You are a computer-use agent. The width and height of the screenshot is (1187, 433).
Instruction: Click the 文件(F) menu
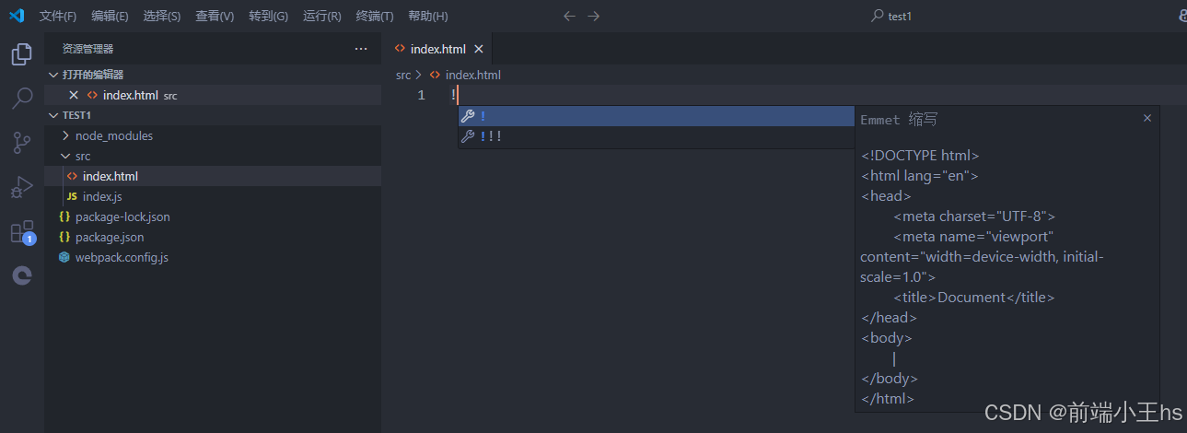click(57, 16)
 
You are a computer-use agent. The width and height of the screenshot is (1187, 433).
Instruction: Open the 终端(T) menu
click(374, 16)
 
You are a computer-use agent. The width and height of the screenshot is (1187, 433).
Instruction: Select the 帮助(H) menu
click(427, 16)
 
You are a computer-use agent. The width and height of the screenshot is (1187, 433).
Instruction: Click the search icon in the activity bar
click(22, 98)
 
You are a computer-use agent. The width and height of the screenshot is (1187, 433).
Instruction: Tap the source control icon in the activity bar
click(22, 142)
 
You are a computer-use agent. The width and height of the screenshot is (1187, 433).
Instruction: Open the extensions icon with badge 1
click(22, 232)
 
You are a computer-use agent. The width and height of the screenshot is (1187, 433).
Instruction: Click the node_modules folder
click(114, 135)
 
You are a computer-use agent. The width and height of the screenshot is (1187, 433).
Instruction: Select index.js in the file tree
click(102, 196)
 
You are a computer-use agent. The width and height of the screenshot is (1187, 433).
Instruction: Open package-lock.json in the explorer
click(122, 216)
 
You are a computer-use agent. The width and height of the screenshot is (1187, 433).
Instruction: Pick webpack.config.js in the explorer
click(122, 257)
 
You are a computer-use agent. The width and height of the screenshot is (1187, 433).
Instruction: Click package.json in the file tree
click(110, 237)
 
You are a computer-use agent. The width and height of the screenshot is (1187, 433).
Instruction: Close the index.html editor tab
click(479, 49)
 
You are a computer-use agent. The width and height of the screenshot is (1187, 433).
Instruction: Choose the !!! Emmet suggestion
click(491, 136)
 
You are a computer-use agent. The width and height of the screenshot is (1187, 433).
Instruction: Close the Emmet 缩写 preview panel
click(1147, 118)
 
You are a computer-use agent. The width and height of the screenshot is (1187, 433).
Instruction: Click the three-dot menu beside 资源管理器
click(360, 49)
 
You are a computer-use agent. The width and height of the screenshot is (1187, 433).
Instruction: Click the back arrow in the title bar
click(569, 16)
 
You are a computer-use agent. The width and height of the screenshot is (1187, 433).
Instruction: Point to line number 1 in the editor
click(422, 95)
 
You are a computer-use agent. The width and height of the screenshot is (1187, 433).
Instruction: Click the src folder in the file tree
click(83, 156)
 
